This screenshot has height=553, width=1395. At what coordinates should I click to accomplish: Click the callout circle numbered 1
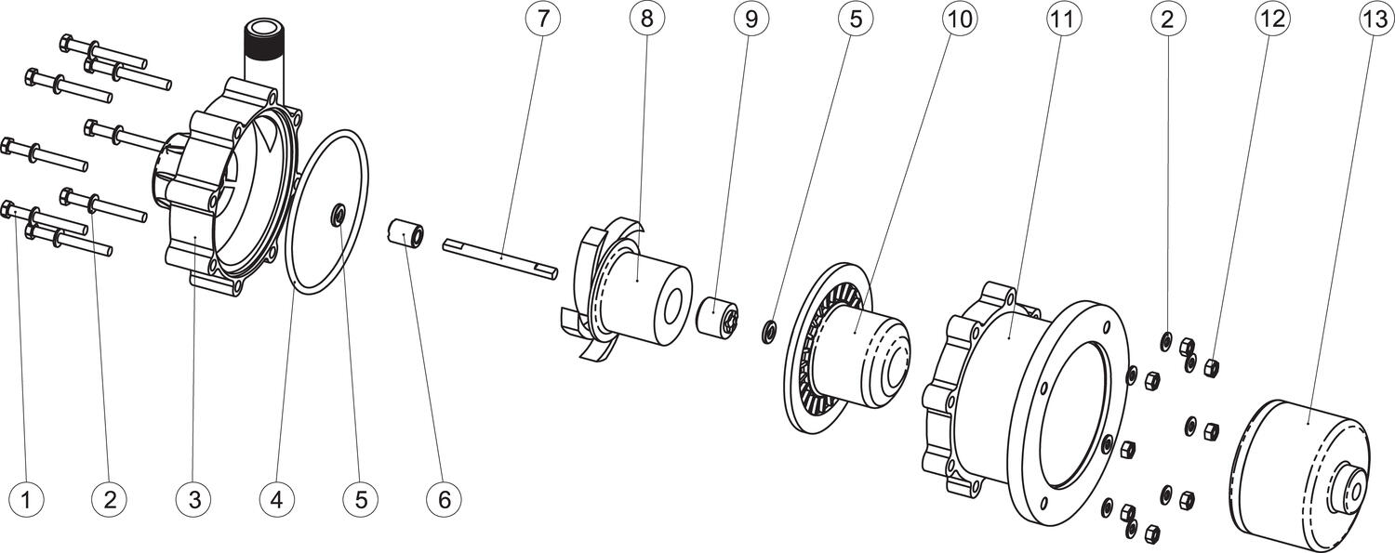point(27,500)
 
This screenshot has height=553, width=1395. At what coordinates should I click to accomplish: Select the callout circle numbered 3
point(194,500)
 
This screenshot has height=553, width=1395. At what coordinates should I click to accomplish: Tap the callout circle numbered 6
point(444,500)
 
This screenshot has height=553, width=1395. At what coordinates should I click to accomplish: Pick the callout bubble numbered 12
point(1272,18)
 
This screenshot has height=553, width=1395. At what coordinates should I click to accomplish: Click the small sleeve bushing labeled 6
point(406,232)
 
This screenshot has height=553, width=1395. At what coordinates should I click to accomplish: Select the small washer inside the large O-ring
point(338,216)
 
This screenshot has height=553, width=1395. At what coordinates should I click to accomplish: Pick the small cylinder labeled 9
point(718,318)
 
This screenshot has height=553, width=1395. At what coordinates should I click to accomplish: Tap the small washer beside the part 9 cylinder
point(769,331)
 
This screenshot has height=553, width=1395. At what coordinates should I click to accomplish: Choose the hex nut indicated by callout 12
point(1212,367)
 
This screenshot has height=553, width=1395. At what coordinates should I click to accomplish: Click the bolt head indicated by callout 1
point(8,210)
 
